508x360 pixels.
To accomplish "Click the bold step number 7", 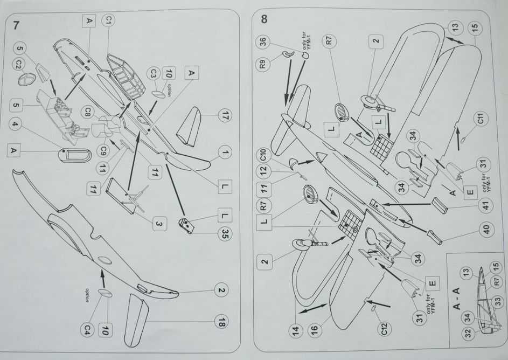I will [16, 24].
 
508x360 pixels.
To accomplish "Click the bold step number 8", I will [264, 19].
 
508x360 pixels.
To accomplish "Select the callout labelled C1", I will [108, 21].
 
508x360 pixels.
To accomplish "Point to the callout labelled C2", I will [18, 64].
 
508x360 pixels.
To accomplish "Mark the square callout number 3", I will [158, 223].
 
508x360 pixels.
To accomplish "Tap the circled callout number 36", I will [262, 43].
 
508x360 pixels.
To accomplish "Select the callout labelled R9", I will [262, 65].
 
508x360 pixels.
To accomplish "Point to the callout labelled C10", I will [263, 157].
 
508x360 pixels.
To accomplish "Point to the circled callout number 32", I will [468, 334].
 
